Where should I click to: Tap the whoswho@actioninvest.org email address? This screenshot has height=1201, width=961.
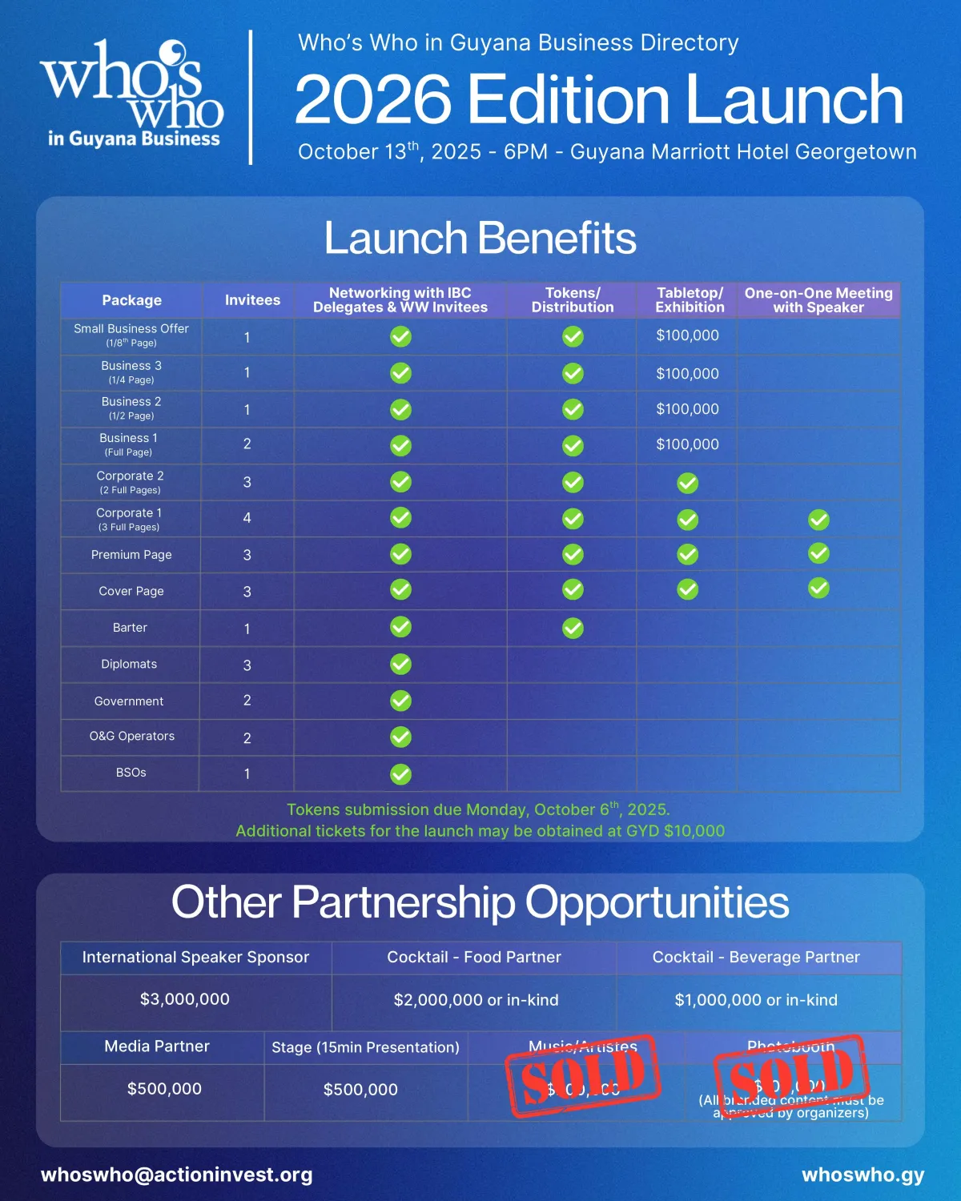(177, 1175)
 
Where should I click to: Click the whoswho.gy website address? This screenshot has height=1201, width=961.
(862, 1175)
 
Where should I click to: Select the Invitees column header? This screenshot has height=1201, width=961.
(252, 300)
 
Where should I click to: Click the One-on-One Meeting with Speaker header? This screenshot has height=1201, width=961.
(818, 300)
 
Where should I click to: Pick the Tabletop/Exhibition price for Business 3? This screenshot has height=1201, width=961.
(687, 373)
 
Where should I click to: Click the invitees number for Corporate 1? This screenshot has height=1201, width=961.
(247, 518)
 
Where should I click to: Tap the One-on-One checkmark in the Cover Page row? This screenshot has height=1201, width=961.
(818, 588)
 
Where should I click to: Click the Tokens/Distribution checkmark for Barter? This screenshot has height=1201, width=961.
(573, 629)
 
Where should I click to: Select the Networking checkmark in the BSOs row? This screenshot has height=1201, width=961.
(400, 774)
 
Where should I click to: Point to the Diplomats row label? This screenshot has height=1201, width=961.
(129, 665)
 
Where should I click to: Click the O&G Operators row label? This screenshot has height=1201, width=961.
(132, 737)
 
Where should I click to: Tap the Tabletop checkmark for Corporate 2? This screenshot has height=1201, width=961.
(687, 483)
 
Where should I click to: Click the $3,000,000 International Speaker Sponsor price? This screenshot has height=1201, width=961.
(185, 999)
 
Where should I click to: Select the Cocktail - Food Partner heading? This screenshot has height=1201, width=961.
(474, 958)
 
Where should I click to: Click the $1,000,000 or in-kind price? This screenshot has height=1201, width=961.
(756, 1000)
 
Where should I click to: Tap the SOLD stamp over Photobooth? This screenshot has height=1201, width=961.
(791, 1076)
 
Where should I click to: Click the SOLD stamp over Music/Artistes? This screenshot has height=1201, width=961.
(583, 1076)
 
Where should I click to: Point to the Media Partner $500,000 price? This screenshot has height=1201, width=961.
(164, 1089)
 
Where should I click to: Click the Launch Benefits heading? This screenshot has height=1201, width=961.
(480, 239)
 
